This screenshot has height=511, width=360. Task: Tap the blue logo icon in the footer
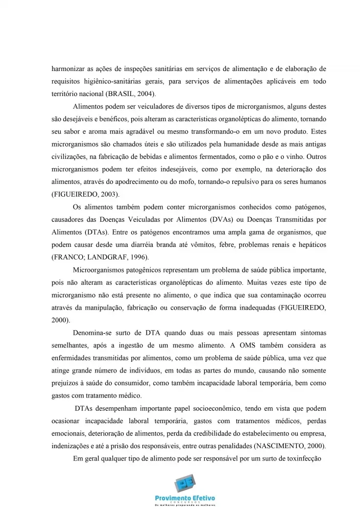(x=185, y=483)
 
